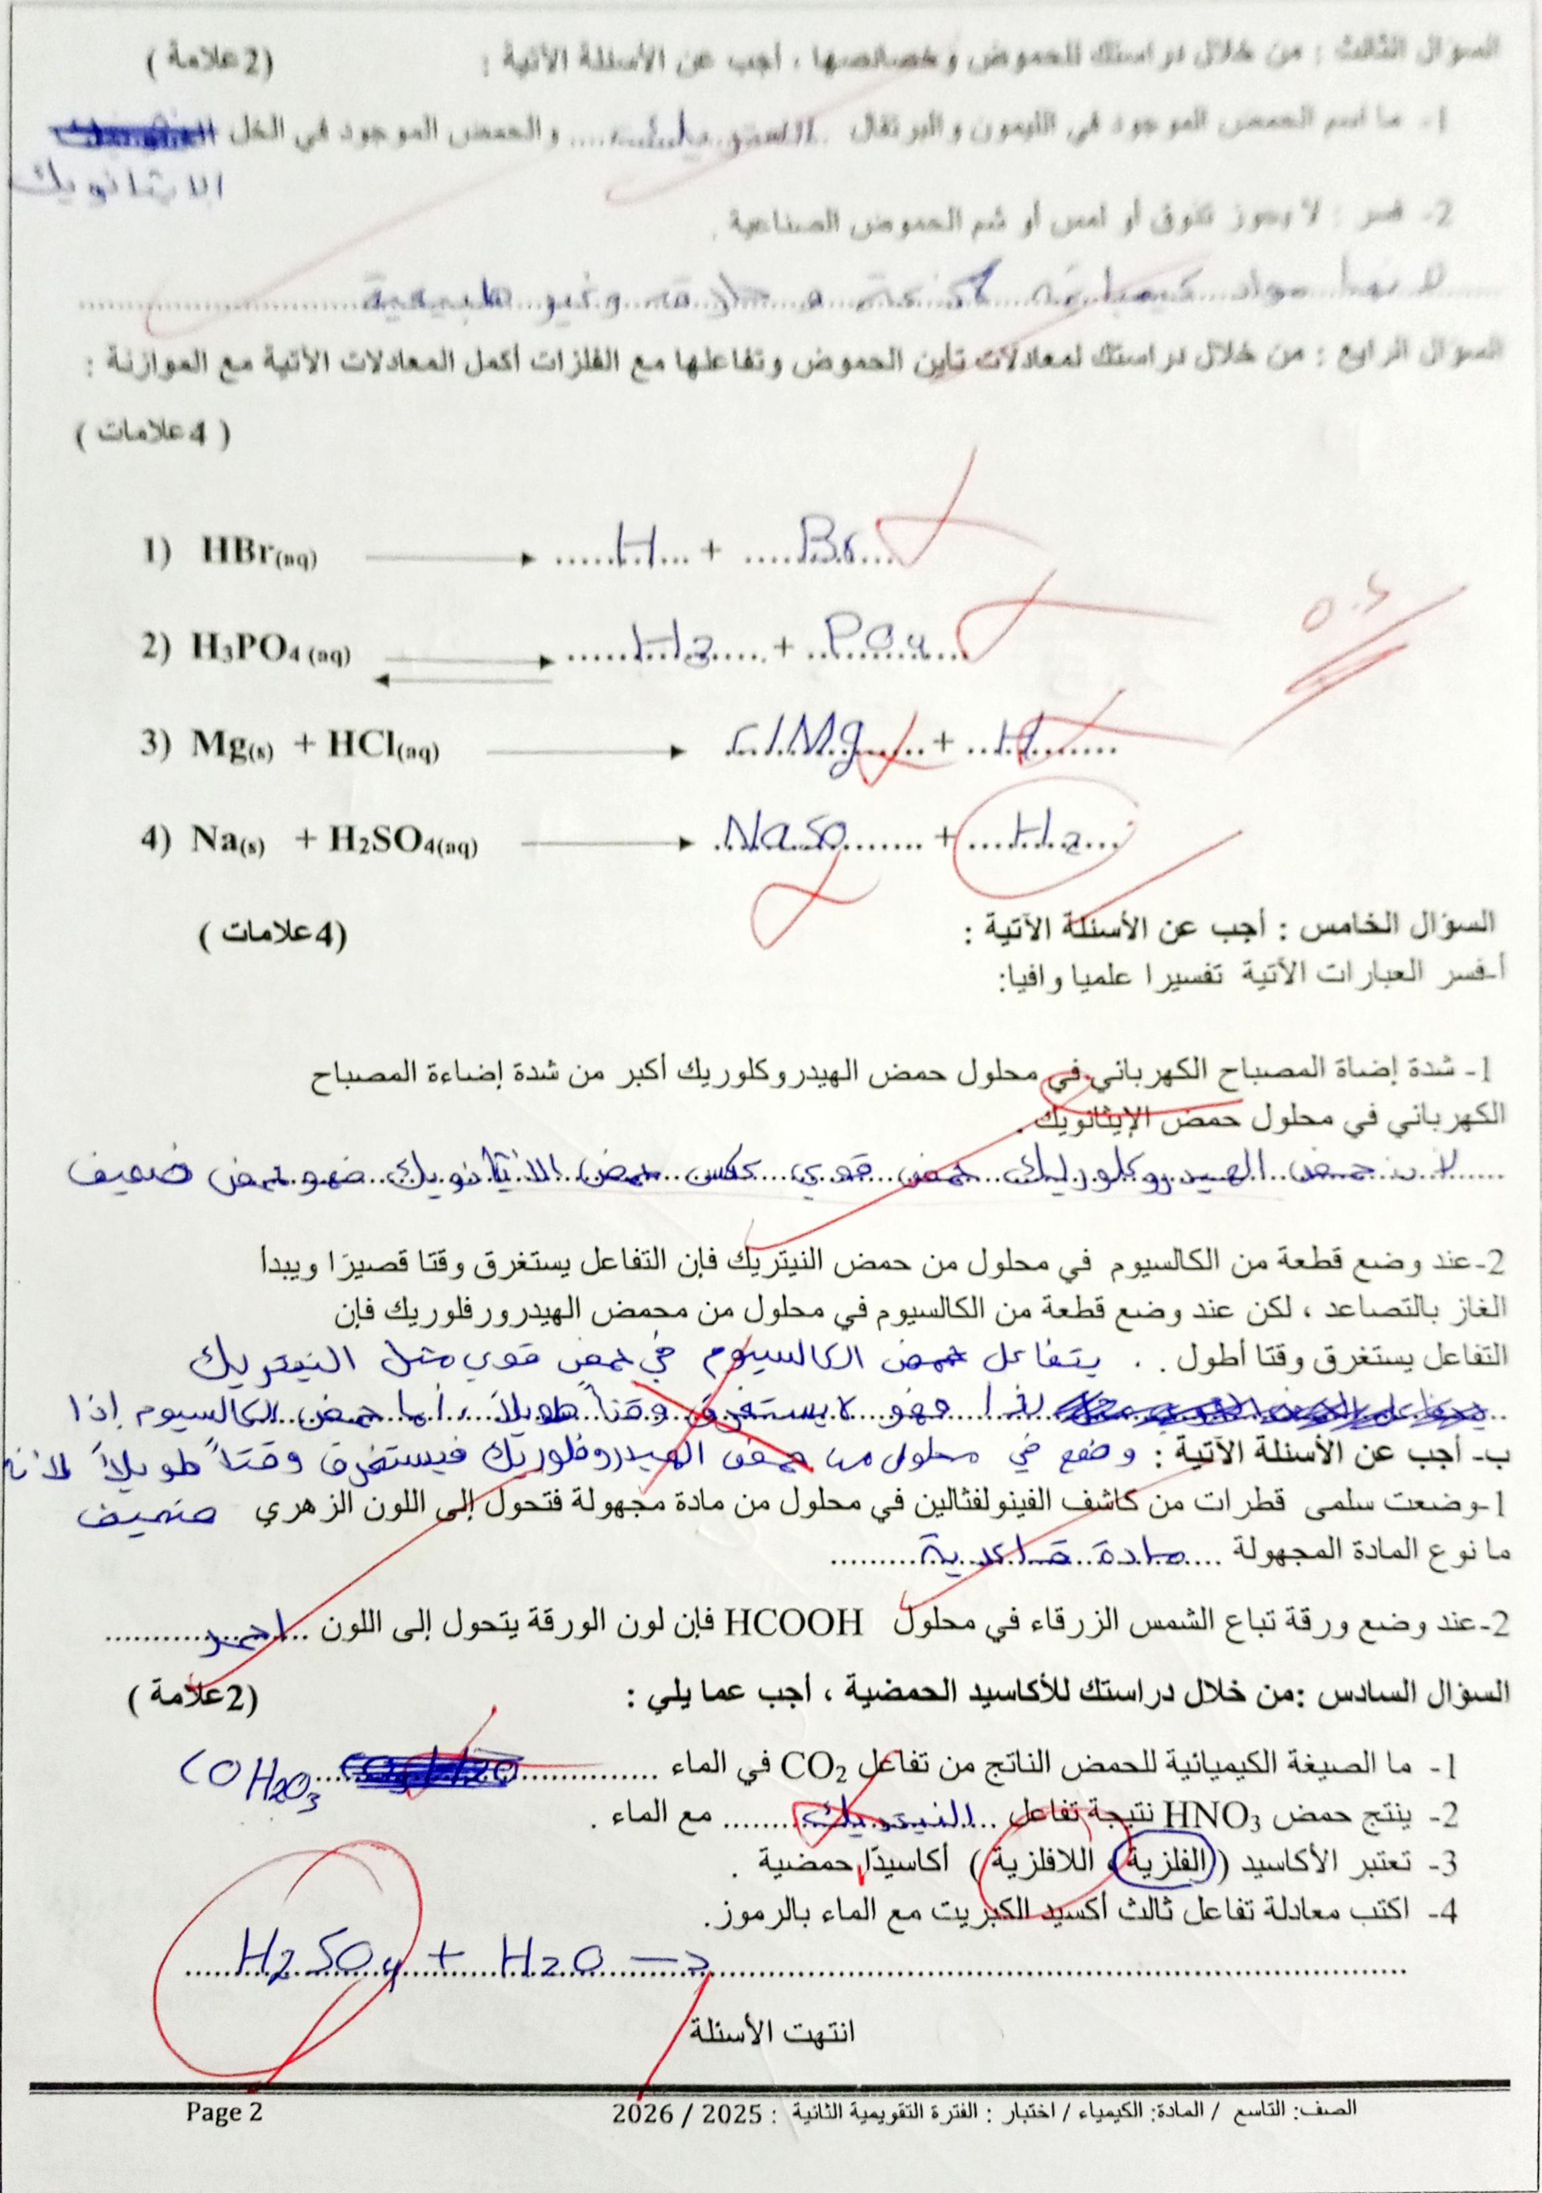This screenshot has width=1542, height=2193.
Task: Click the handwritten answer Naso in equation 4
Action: [782, 836]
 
